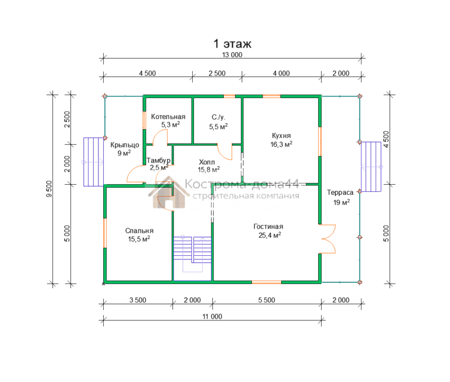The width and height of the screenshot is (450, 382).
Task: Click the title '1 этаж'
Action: click(x=232, y=43)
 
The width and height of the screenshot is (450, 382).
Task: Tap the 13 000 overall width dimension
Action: click(x=232, y=55)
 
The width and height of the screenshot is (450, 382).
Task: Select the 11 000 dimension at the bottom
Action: click(x=212, y=316)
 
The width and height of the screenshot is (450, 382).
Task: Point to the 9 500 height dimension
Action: click(x=49, y=189)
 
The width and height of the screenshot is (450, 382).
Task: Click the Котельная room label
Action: click(x=168, y=117)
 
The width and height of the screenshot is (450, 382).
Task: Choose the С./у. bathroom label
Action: click(x=219, y=117)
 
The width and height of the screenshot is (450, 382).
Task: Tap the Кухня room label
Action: click(x=281, y=136)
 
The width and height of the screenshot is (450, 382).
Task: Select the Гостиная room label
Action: click(x=268, y=227)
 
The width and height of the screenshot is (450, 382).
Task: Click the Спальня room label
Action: click(x=139, y=231)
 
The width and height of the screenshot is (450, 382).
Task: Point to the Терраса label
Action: click(x=340, y=192)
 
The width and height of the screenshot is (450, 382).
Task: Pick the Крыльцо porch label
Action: click(x=125, y=145)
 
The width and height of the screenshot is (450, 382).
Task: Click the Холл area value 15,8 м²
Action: click(x=209, y=170)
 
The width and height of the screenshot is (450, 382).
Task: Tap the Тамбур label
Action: click(x=158, y=160)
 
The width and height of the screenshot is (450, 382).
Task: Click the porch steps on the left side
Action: click(x=93, y=162)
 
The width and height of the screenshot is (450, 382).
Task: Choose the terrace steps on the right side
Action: click(x=371, y=167)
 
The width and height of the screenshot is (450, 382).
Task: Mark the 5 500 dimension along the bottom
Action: click(x=267, y=300)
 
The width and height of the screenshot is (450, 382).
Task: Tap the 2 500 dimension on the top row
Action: click(x=217, y=73)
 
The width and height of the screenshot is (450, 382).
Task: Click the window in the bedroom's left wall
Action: click(x=105, y=233)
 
